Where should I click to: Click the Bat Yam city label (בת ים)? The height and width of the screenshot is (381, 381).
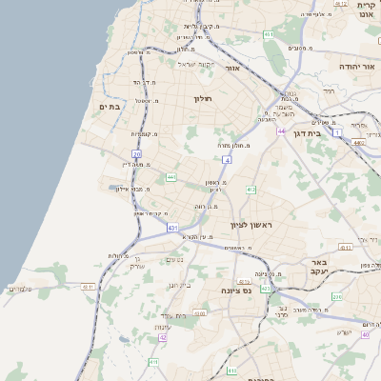click(x=110, y=107)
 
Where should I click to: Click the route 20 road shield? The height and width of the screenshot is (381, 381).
click(x=137, y=153)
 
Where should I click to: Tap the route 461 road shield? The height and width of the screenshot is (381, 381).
click(x=270, y=34)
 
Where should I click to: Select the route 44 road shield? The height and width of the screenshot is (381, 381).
click(x=282, y=130)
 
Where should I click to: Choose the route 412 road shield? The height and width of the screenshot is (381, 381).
click(x=251, y=190)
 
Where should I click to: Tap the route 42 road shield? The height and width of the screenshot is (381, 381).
click(x=163, y=337)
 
